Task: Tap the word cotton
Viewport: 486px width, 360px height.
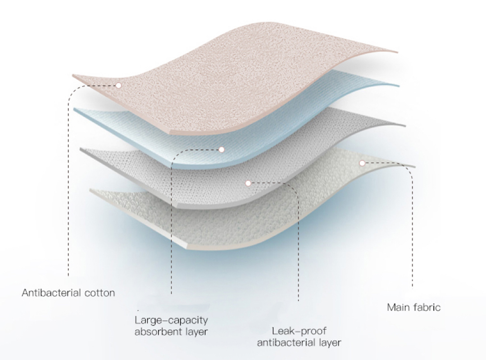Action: click(96, 293)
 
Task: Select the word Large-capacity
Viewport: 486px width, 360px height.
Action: click(171, 320)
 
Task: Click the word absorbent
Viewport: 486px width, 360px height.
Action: click(158, 332)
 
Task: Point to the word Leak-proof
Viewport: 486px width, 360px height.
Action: click(299, 332)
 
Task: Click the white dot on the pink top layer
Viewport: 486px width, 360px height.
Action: click(118, 85)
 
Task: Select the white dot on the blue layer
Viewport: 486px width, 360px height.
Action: click(221, 150)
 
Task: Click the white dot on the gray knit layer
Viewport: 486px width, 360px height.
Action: click(248, 184)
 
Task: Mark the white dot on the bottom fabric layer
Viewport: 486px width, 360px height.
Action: click(362, 163)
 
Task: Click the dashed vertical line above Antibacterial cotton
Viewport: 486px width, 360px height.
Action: click(68, 186)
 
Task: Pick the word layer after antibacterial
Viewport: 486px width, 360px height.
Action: click(330, 343)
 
